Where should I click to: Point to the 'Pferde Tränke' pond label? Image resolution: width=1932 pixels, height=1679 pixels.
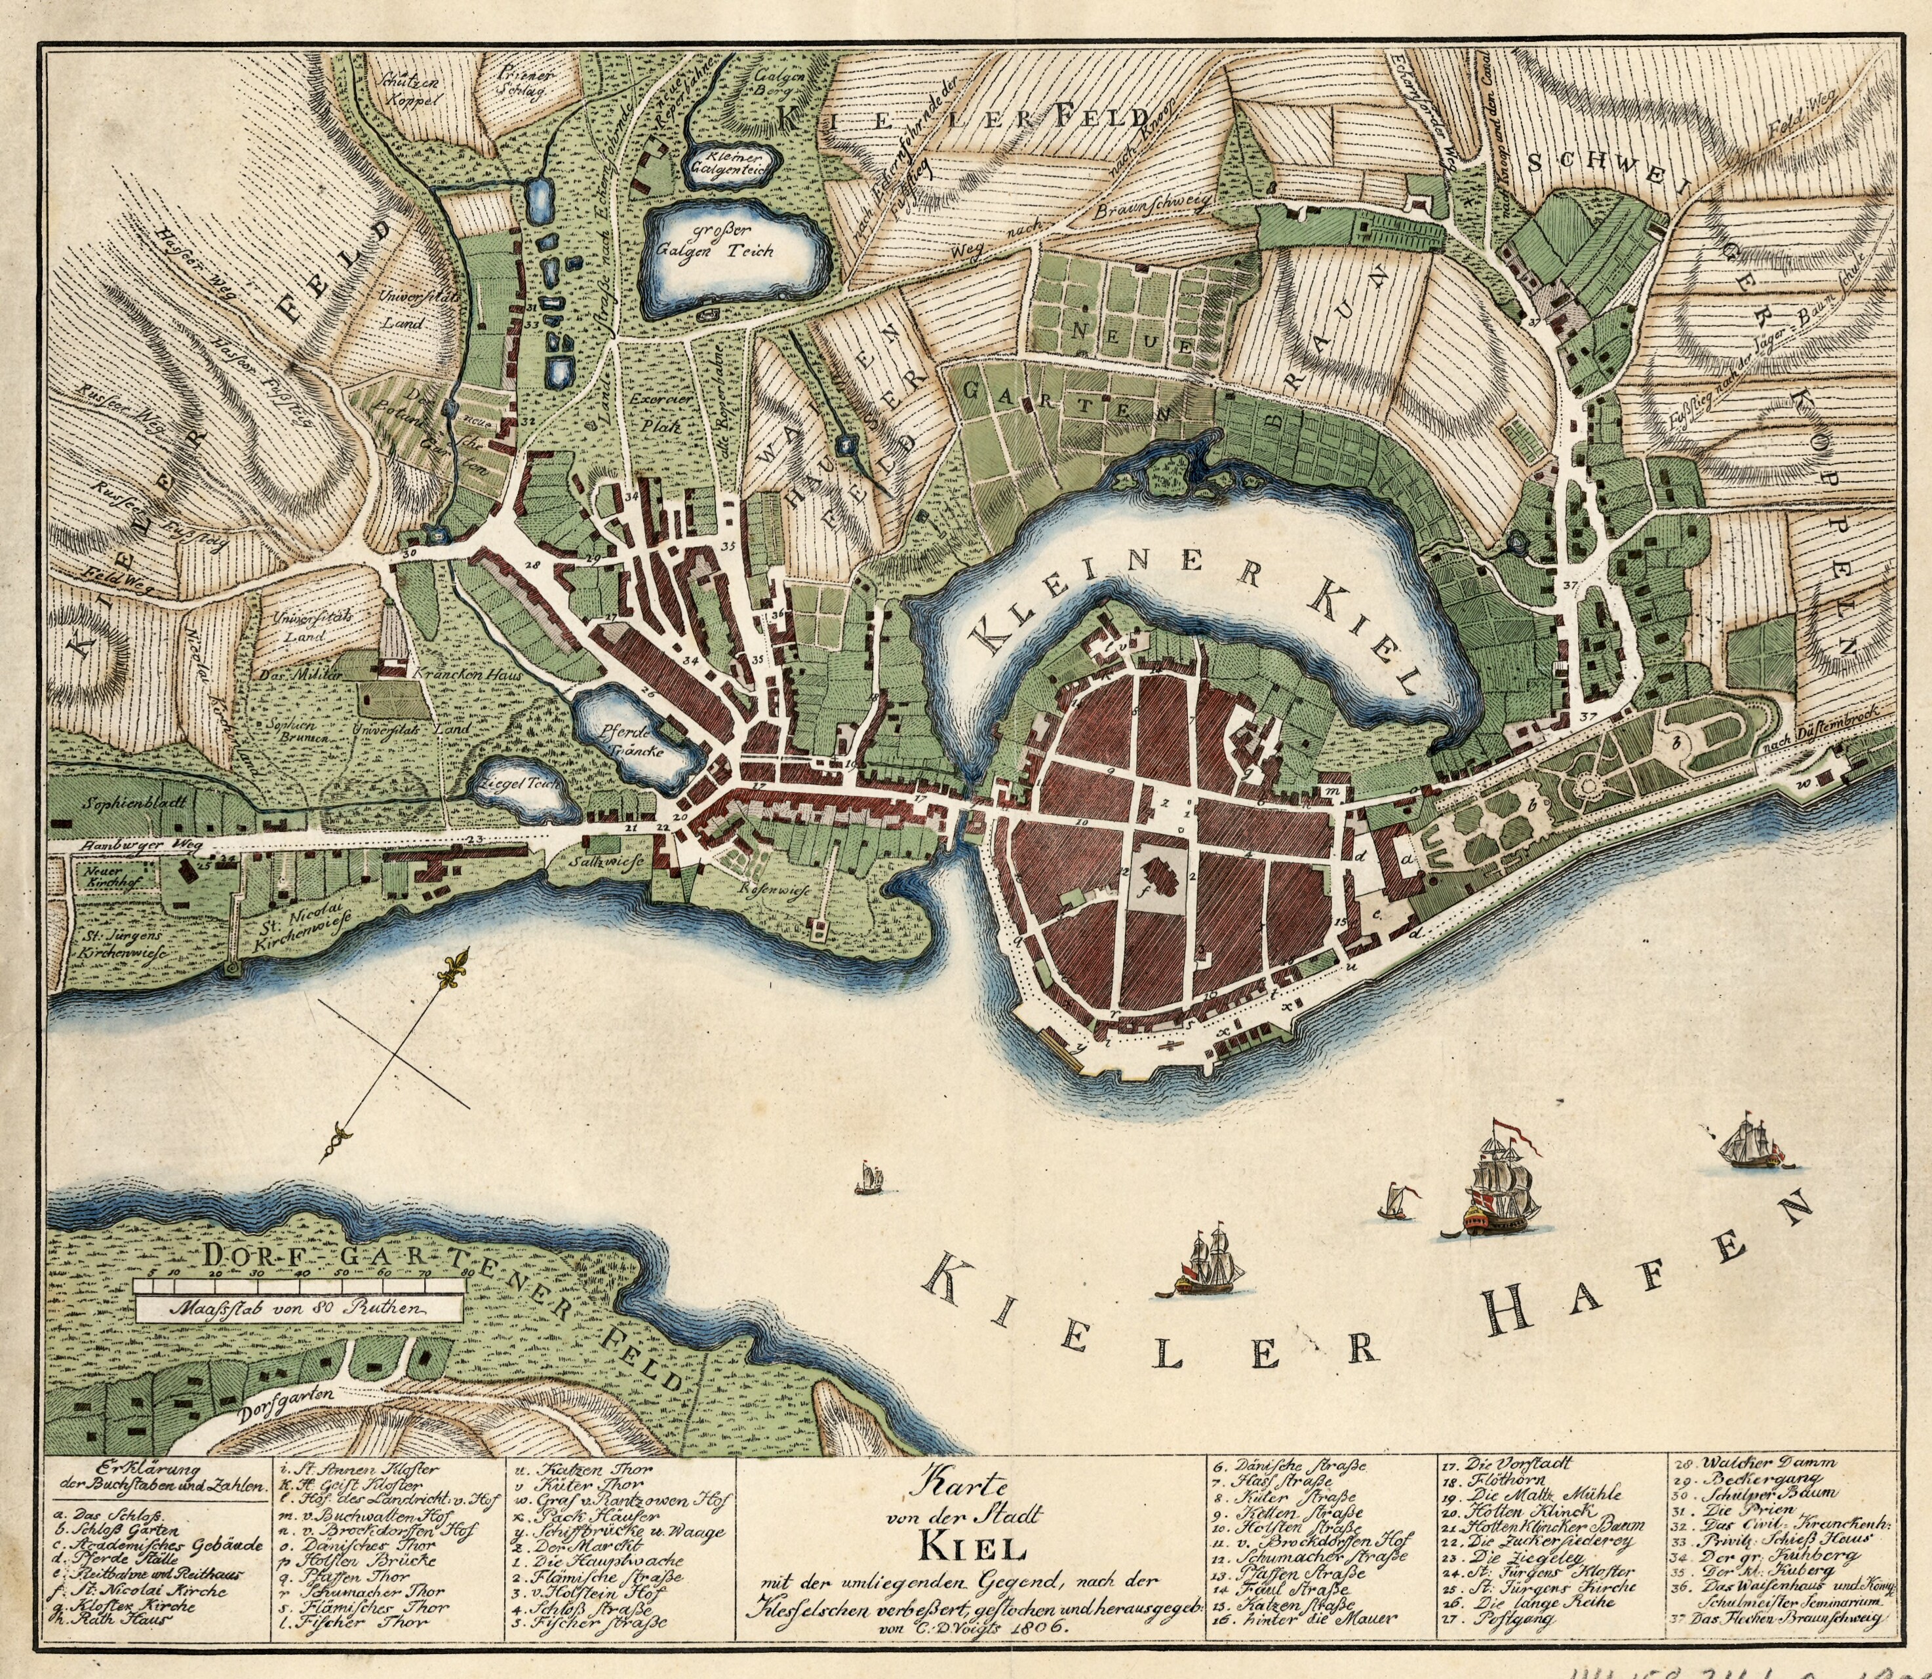click(x=635, y=741)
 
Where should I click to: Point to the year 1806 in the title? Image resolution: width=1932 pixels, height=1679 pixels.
click(x=1036, y=1627)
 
